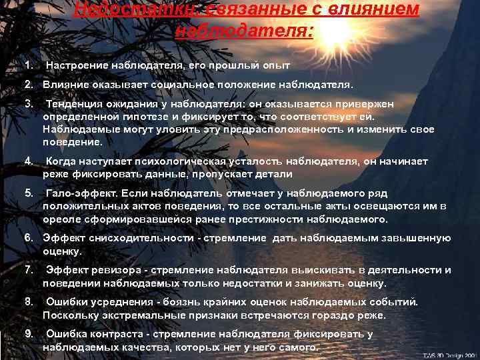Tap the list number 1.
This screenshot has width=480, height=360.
tap(27, 66)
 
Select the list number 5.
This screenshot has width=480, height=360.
tap(27, 193)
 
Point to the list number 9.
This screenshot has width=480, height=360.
tap(27, 334)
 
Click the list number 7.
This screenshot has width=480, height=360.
tap(27, 270)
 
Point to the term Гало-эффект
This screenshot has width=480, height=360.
tap(79, 193)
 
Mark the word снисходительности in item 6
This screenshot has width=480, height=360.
tap(132, 238)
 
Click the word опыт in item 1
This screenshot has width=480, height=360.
tap(271, 66)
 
